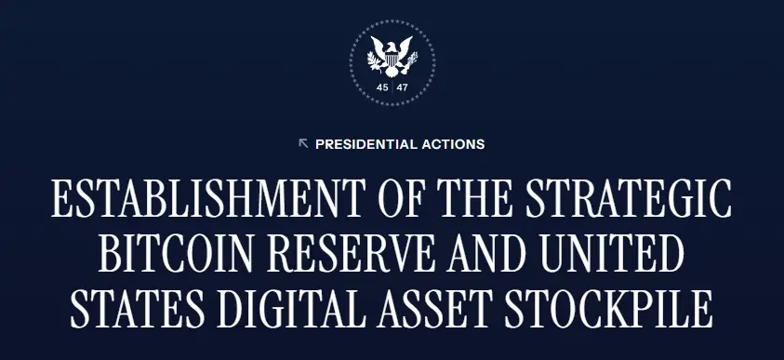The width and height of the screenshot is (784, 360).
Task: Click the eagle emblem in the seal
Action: (392, 56)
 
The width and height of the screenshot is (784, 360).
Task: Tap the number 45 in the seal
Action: (382, 87)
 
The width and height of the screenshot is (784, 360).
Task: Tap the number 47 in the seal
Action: (402, 87)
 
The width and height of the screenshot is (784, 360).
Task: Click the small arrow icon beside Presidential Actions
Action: (303, 143)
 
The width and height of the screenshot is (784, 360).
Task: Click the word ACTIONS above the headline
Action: (453, 144)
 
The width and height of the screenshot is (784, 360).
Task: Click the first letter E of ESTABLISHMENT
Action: (62, 200)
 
